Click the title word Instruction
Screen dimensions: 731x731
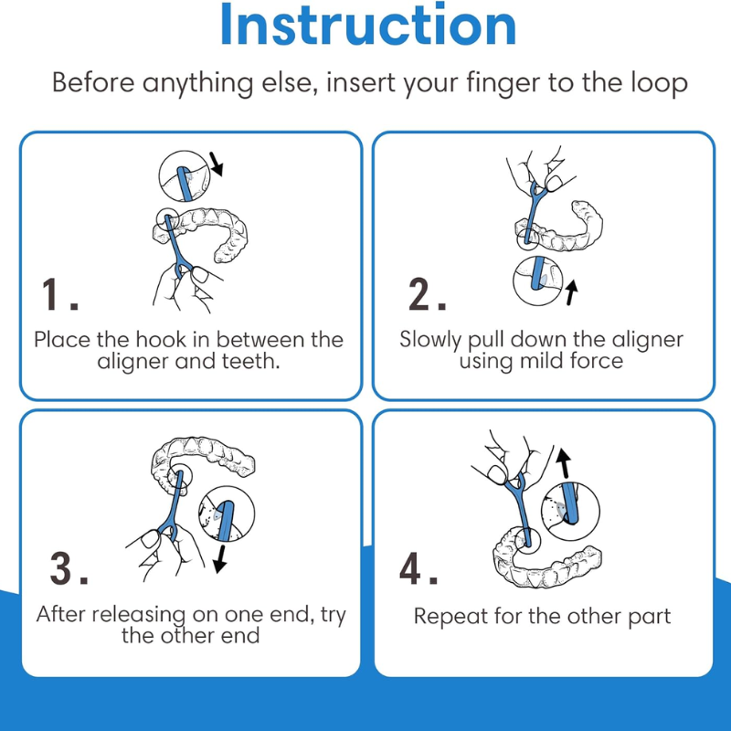click(368, 25)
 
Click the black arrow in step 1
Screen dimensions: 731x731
click(217, 164)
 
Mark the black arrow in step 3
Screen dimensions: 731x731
click(220, 559)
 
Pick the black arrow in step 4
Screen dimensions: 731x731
click(564, 463)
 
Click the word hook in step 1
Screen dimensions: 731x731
click(161, 339)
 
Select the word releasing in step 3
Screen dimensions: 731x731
click(140, 615)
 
